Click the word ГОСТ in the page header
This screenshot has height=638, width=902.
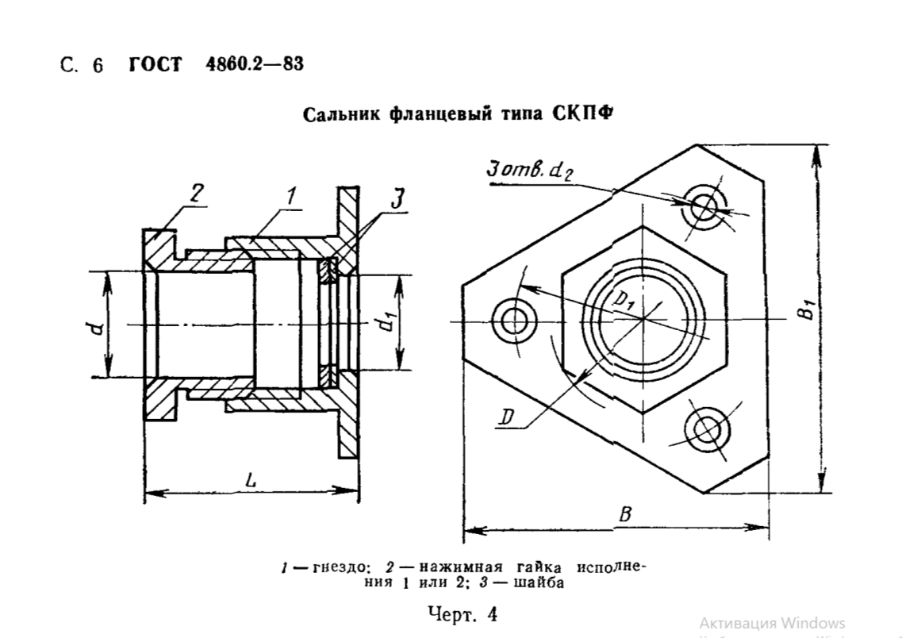155,65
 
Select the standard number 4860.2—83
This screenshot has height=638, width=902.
253,64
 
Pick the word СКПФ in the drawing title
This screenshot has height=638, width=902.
582,114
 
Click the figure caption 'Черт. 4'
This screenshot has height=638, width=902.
462,613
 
